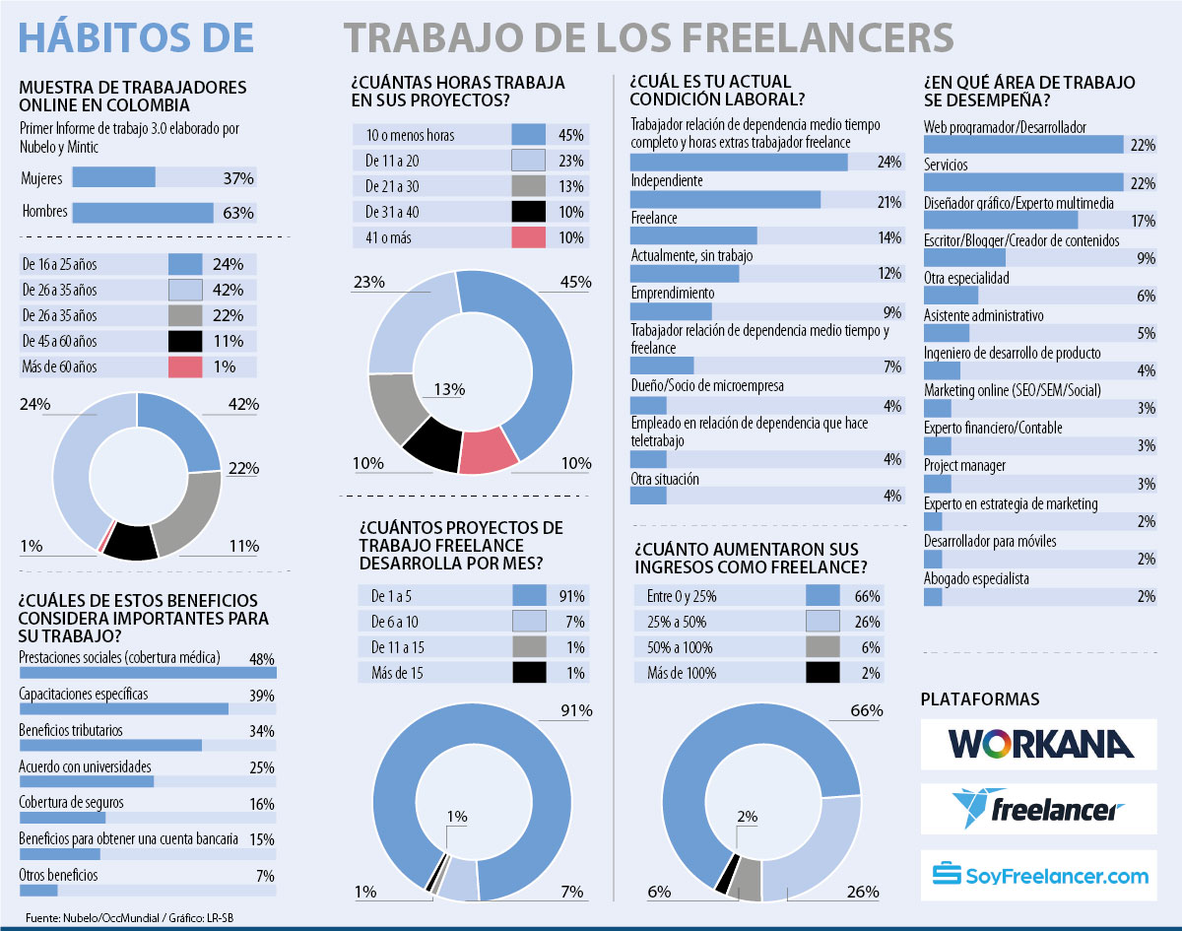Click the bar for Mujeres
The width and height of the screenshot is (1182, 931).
point(113,177)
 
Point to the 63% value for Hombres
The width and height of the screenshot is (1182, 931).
point(237,212)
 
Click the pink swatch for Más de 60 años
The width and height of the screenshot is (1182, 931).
point(185,366)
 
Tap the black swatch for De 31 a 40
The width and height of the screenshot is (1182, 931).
point(529,211)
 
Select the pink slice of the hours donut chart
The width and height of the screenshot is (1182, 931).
point(490,452)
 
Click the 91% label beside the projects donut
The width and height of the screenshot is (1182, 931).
point(575,710)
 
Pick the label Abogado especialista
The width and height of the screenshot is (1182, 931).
point(974,578)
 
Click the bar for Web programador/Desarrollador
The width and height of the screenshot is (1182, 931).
point(1023,145)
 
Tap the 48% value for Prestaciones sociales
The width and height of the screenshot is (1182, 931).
point(261,657)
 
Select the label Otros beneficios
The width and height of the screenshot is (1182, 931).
point(58,875)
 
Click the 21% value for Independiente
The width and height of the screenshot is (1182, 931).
point(890,202)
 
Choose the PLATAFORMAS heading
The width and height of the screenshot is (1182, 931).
point(979,698)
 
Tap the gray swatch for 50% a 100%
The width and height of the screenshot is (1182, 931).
point(822,647)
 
